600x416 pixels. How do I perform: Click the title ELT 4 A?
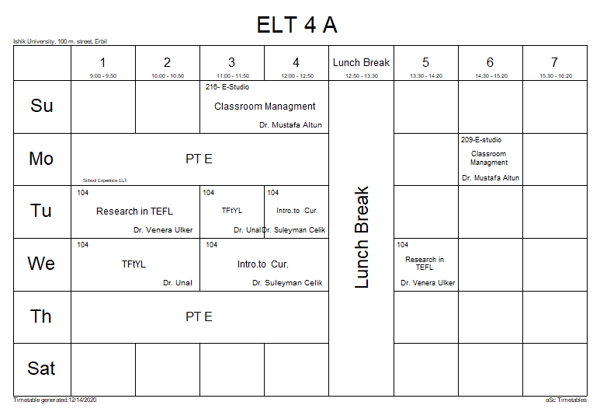[x=297, y=25]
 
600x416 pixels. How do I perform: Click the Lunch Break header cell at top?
[x=361, y=63]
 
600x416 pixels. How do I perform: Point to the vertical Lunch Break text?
[x=362, y=237]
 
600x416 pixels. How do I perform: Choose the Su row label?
[x=42, y=106]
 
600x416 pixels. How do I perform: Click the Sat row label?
[x=42, y=369]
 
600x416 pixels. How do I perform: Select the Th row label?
[x=42, y=316]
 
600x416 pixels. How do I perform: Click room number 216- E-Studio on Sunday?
[x=227, y=87]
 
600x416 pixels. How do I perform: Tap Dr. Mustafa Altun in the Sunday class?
[x=290, y=124]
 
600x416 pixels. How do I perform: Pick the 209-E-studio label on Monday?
[x=480, y=140]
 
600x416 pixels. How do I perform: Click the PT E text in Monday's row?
[x=199, y=159]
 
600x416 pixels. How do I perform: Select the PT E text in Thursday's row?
[x=199, y=316]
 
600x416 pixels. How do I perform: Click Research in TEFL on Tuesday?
[x=134, y=211]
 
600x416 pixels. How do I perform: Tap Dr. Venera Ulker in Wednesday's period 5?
[x=428, y=283]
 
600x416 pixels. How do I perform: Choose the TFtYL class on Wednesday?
[x=134, y=264]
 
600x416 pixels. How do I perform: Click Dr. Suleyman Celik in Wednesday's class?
[x=287, y=283]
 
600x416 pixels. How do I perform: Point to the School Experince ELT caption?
[x=104, y=180]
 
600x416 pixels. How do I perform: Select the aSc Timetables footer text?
[x=566, y=400]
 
